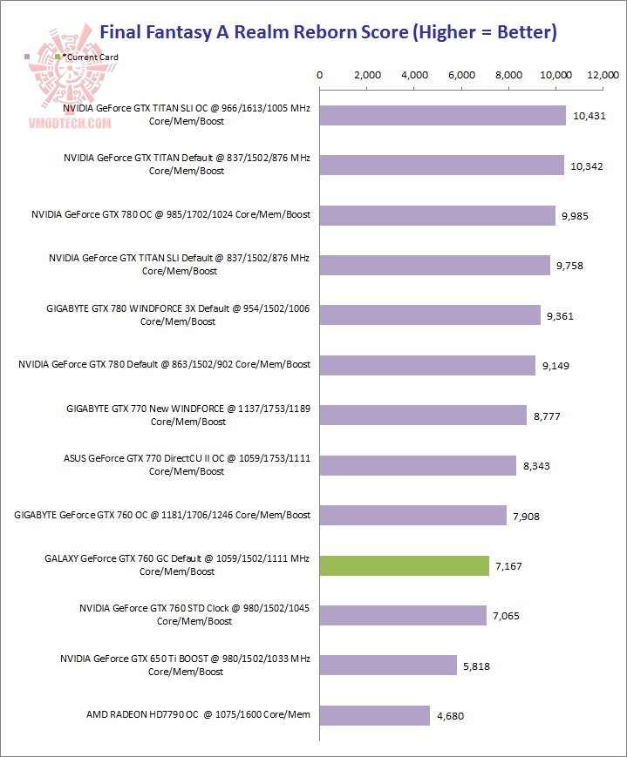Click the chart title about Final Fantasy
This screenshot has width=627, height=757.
[x=328, y=32]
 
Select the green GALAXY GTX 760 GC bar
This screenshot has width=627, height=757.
[x=405, y=565]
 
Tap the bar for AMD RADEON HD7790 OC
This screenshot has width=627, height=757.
[x=375, y=715]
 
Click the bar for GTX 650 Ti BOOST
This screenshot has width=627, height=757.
[x=388, y=666]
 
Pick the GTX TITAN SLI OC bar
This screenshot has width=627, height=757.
[x=443, y=114]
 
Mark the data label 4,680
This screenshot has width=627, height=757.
[x=451, y=716]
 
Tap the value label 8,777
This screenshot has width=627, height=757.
[x=548, y=416]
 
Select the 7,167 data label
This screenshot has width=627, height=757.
[x=509, y=566]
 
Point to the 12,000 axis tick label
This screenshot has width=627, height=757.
[x=603, y=75]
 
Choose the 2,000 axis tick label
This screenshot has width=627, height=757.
[x=367, y=75]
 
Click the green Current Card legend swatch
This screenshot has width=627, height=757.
[x=58, y=57]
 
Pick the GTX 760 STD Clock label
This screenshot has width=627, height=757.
[x=194, y=615]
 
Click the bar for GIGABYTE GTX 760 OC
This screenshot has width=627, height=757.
[x=413, y=516]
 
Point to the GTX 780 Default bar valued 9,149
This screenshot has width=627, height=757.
[x=427, y=365]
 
